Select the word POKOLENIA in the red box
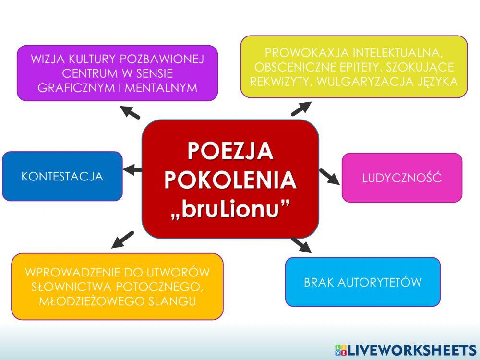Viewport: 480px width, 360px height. click(x=230, y=180)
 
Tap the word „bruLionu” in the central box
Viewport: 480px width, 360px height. click(x=230, y=210)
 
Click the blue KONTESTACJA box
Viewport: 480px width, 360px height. click(x=62, y=176)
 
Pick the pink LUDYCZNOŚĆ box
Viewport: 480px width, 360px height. click(x=402, y=178)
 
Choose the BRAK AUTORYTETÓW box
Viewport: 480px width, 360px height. click(x=362, y=282)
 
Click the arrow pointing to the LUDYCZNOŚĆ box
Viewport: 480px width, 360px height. click(x=329, y=176)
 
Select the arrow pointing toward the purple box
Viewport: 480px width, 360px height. click(x=130, y=112)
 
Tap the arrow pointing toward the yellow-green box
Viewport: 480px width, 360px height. click(x=301, y=108)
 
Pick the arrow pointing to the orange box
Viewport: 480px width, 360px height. click(x=122, y=239)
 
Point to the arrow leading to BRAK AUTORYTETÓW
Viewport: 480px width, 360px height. click(x=301, y=244)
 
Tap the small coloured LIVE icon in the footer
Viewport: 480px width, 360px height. click(x=340, y=349)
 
